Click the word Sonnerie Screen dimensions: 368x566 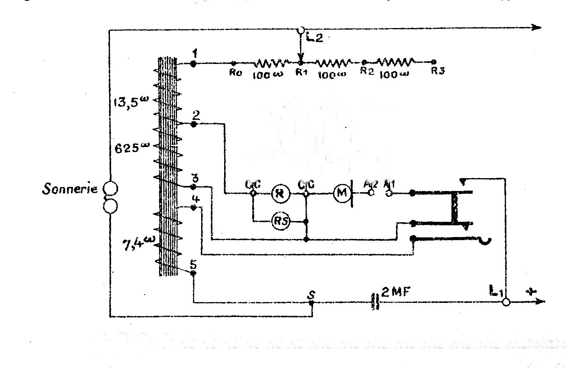(69, 190)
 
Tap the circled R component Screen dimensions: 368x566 (279, 193)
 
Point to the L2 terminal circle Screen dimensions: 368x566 (300, 30)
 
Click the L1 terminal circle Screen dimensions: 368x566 (506, 302)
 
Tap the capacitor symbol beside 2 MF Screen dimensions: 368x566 (376, 302)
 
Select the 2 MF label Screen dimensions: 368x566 (395, 292)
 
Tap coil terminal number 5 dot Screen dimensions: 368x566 (193, 273)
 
